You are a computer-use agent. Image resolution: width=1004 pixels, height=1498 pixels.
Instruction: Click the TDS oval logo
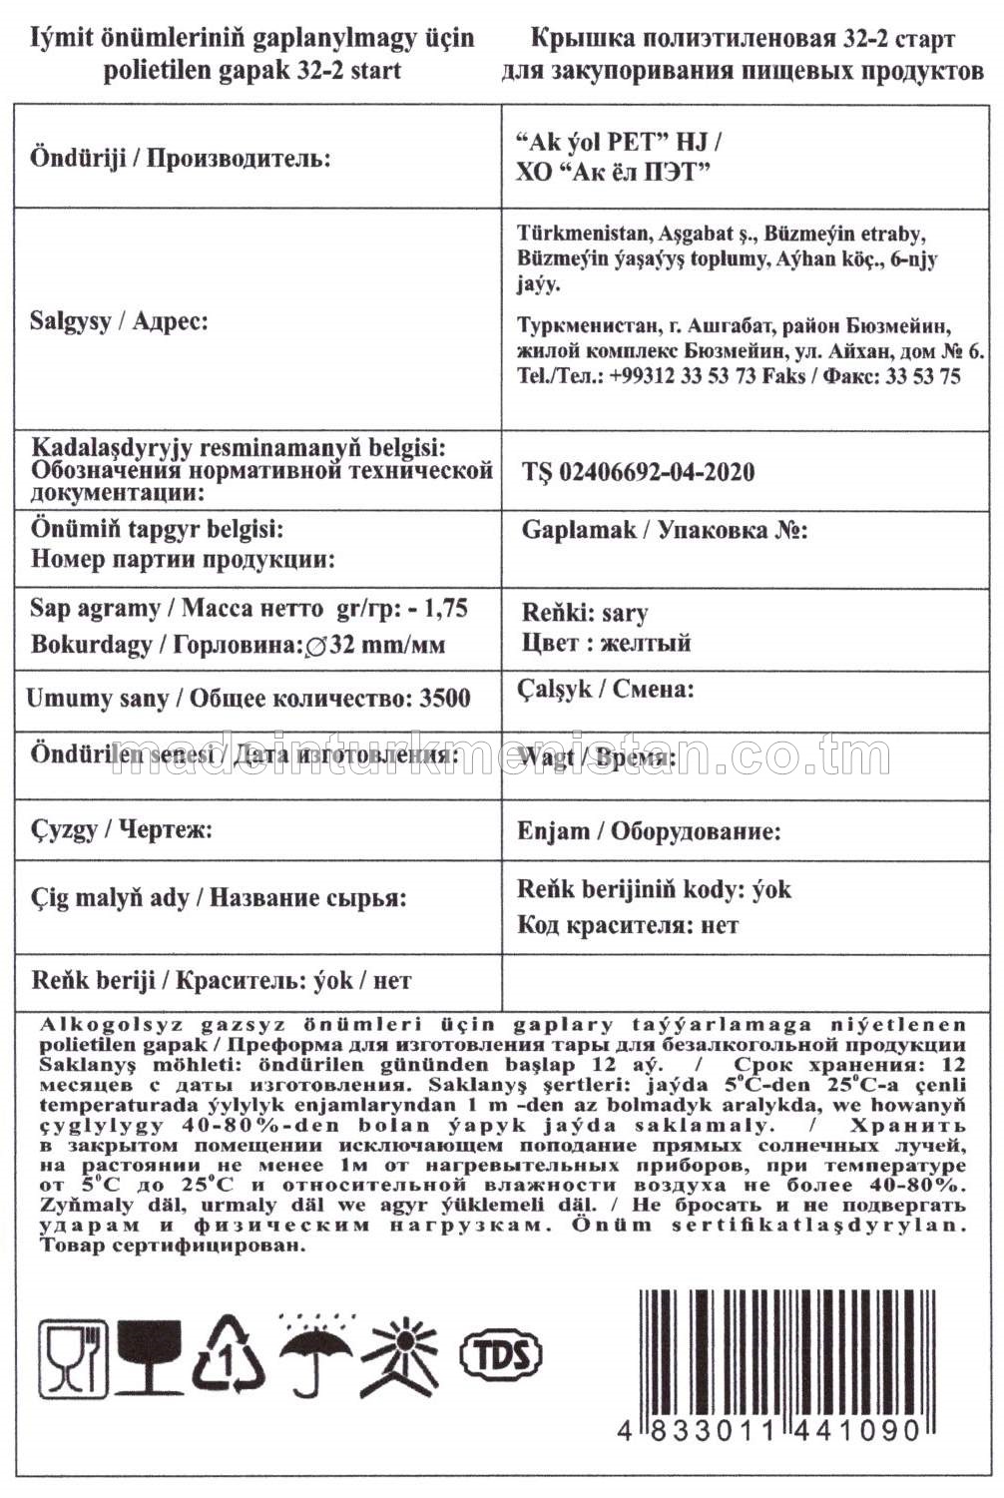[500, 1354]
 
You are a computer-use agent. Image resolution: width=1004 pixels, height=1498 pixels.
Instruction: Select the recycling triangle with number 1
[229, 1354]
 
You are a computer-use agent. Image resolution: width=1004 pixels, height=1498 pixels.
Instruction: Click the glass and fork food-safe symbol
[73, 1356]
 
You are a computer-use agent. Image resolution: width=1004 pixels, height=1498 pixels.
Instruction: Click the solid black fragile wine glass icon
[150, 1356]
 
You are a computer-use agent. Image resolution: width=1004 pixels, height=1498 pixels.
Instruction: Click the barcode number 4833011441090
[768, 1430]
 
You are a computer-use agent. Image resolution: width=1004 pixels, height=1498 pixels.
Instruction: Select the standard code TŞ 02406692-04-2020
[639, 472]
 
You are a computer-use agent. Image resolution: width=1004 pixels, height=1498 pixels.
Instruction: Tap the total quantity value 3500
[445, 698]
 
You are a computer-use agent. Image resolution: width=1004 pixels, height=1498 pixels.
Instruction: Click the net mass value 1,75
[446, 609]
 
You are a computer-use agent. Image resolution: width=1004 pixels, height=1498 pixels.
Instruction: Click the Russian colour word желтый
[645, 643]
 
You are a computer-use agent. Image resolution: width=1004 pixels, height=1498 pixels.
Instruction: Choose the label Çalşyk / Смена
[606, 689]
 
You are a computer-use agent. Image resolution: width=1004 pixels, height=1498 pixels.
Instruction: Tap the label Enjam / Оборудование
[649, 831]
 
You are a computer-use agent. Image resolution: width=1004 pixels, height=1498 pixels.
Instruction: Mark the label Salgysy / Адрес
[119, 321]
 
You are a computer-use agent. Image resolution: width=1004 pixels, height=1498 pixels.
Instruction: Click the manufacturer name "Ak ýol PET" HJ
[619, 142]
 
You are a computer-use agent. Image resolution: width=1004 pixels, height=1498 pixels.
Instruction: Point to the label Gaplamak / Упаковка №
[665, 529]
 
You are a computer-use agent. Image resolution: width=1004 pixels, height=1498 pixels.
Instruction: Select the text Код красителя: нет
[628, 925]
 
